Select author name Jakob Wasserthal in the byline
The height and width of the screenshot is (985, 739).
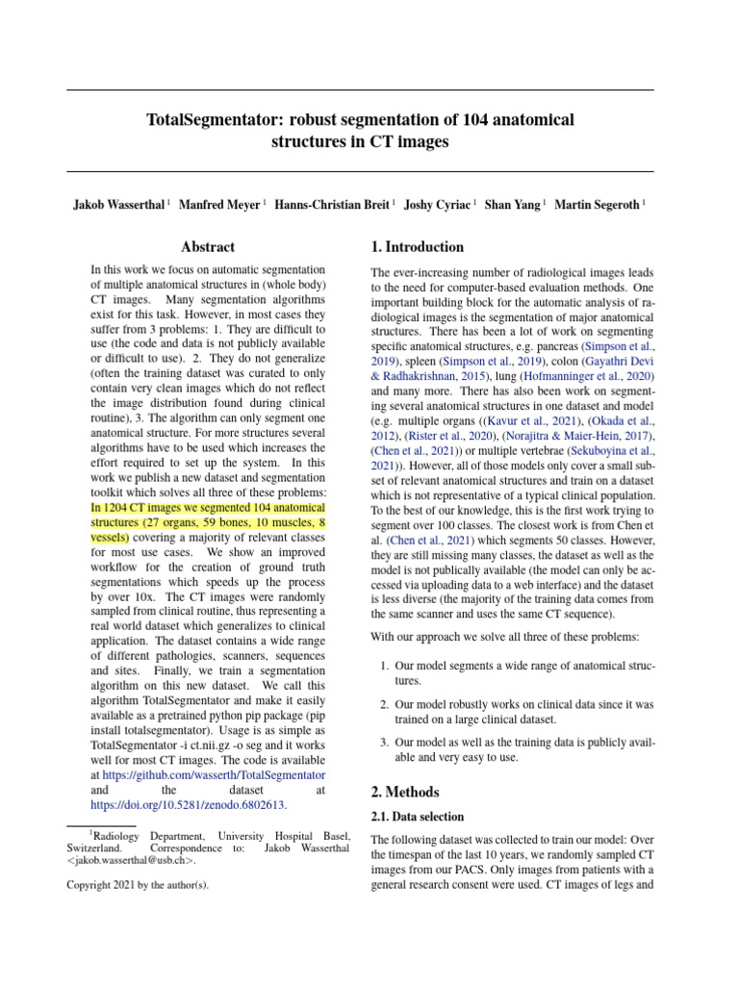coord(118,205)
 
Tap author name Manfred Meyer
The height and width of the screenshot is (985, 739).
coord(220,205)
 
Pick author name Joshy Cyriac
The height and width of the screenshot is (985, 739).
coord(438,205)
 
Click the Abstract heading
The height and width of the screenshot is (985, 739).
coord(208,247)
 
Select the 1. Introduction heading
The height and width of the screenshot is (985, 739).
coord(418,247)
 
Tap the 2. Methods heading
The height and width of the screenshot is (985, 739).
coord(405,792)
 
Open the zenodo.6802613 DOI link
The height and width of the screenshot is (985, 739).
coord(188,804)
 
